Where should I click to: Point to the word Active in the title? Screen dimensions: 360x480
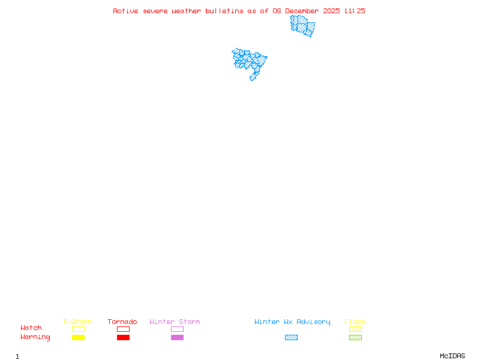126,11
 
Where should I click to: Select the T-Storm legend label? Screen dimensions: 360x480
77,322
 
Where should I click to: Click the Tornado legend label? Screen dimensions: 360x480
122,322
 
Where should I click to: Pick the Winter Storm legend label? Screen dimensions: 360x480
175,322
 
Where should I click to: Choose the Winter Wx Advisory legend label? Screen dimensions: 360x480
292,322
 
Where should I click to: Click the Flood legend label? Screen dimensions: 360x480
355,322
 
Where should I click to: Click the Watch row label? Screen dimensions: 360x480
31,328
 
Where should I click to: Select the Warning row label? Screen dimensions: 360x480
35,337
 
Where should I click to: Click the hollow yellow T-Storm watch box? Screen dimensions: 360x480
78,329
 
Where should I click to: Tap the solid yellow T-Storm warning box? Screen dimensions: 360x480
78,338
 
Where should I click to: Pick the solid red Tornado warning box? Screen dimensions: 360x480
123,338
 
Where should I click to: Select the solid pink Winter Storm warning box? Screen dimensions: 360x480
177,338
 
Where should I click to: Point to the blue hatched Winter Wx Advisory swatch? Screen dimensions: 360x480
291,338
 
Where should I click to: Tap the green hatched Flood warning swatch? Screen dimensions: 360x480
355,338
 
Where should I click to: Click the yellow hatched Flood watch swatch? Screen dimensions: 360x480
355,329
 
